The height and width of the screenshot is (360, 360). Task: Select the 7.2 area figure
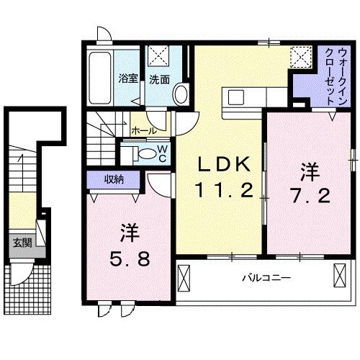(310, 194)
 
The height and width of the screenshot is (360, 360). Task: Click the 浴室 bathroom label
(127, 79)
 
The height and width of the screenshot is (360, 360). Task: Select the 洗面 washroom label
(159, 79)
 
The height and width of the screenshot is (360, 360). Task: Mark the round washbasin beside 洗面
(180, 94)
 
